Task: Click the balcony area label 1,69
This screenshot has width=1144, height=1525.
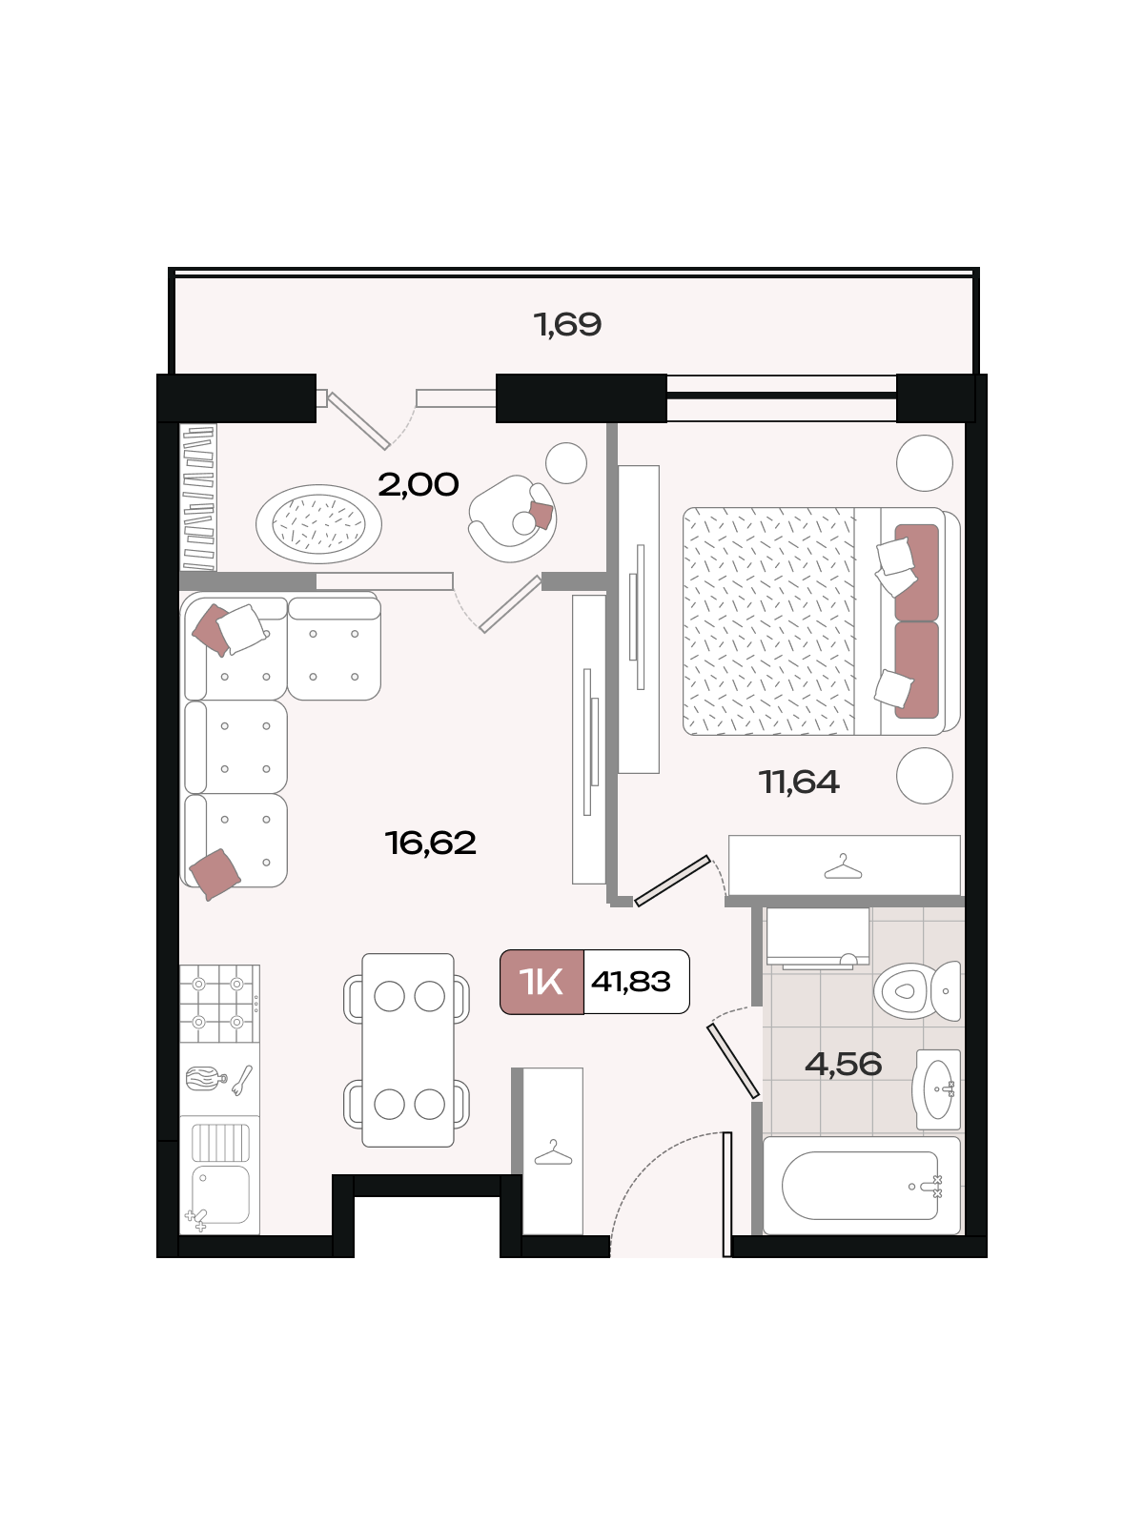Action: (x=567, y=324)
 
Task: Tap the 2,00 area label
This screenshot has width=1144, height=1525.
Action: (x=419, y=484)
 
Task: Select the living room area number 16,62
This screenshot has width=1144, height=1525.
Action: (x=431, y=843)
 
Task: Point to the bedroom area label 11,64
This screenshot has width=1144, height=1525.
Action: (x=799, y=782)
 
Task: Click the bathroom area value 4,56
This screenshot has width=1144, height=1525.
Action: (x=844, y=1064)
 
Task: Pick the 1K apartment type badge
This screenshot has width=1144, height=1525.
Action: (x=541, y=982)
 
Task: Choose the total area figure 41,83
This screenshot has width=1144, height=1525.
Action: (x=631, y=982)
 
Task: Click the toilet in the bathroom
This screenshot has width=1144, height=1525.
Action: (x=917, y=990)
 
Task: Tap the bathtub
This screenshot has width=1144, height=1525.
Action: (x=861, y=1186)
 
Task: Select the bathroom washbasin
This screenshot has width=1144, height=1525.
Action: (x=938, y=1089)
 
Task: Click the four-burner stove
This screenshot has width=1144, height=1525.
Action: (x=219, y=1004)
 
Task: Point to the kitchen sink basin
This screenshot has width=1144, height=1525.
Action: (x=220, y=1193)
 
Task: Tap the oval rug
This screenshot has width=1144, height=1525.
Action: (x=318, y=524)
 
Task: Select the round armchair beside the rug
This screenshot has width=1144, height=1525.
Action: (x=513, y=518)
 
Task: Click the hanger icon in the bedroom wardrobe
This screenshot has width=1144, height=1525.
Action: (x=843, y=866)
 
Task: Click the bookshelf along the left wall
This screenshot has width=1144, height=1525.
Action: (x=198, y=498)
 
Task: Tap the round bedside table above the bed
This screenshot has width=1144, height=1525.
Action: (x=925, y=462)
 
